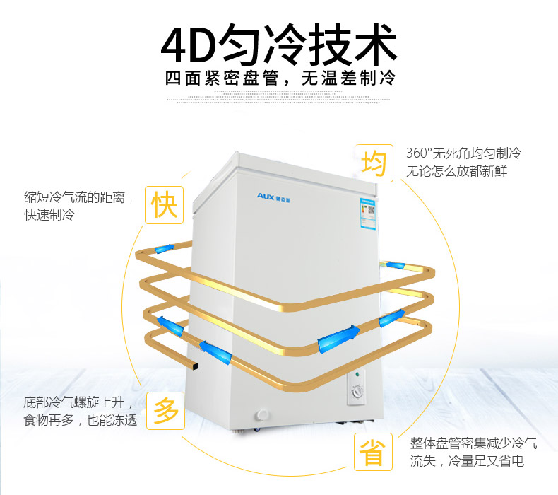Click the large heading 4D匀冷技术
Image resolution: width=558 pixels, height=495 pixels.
click(279, 45)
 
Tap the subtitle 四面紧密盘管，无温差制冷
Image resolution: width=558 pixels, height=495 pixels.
click(279, 78)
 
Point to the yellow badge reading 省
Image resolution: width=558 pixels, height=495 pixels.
click(373, 453)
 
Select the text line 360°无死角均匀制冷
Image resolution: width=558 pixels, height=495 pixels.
click(463, 153)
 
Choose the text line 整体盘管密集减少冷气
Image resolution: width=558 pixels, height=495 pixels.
click(473, 443)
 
